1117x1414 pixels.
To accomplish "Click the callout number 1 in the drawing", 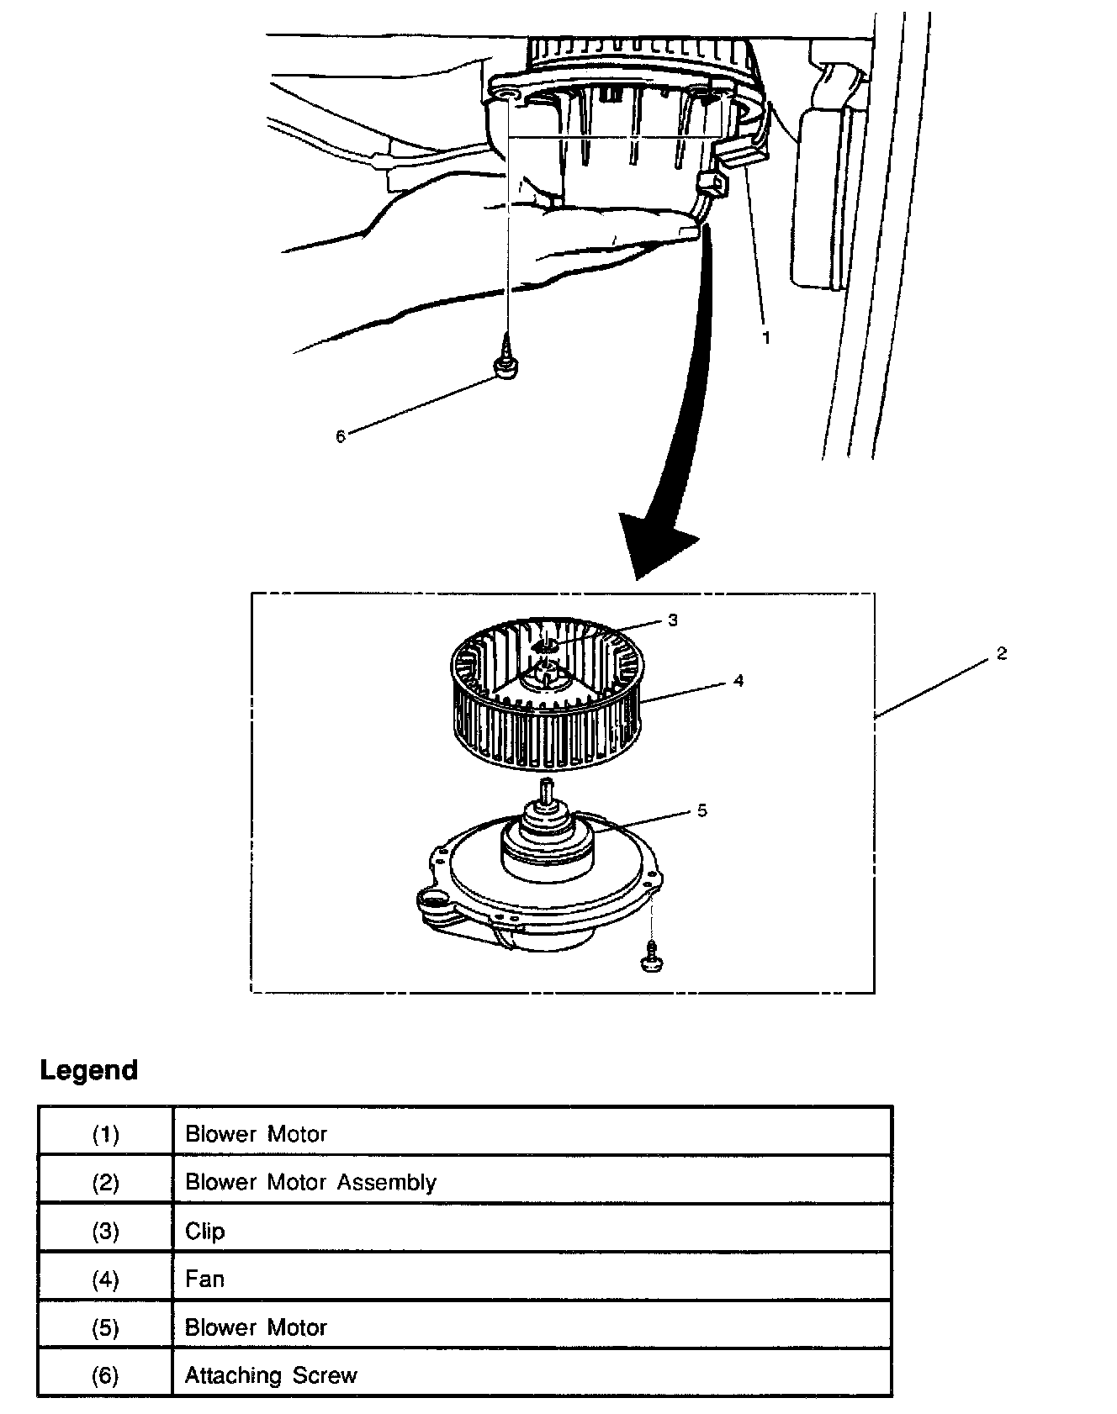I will [x=765, y=337].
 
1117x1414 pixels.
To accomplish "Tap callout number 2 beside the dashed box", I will [x=1001, y=653].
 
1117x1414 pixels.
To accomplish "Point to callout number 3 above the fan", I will [x=672, y=620].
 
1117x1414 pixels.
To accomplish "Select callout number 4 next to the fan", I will [x=738, y=680].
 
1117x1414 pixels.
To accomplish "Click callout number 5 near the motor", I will [x=701, y=810].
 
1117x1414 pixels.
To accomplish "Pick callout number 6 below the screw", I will [x=341, y=436].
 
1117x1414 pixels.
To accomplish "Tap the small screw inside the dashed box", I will [x=651, y=957].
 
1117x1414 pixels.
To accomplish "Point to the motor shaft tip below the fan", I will [x=548, y=785].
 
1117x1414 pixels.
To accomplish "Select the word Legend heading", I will [x=89, y=1070].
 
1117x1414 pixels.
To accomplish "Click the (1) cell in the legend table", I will [x=105, y=1134].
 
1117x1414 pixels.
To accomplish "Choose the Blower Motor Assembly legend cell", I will [x=310, y=1182].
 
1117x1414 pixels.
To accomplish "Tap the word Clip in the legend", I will [x=205, y=1231].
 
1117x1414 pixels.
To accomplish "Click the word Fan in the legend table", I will [x=205, y=1279].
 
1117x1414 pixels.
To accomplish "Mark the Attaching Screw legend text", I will [x=271, y=1375].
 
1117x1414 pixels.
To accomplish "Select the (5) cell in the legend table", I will [x=105, y=1327].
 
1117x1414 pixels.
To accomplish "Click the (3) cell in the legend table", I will [x=105, y=1231].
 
